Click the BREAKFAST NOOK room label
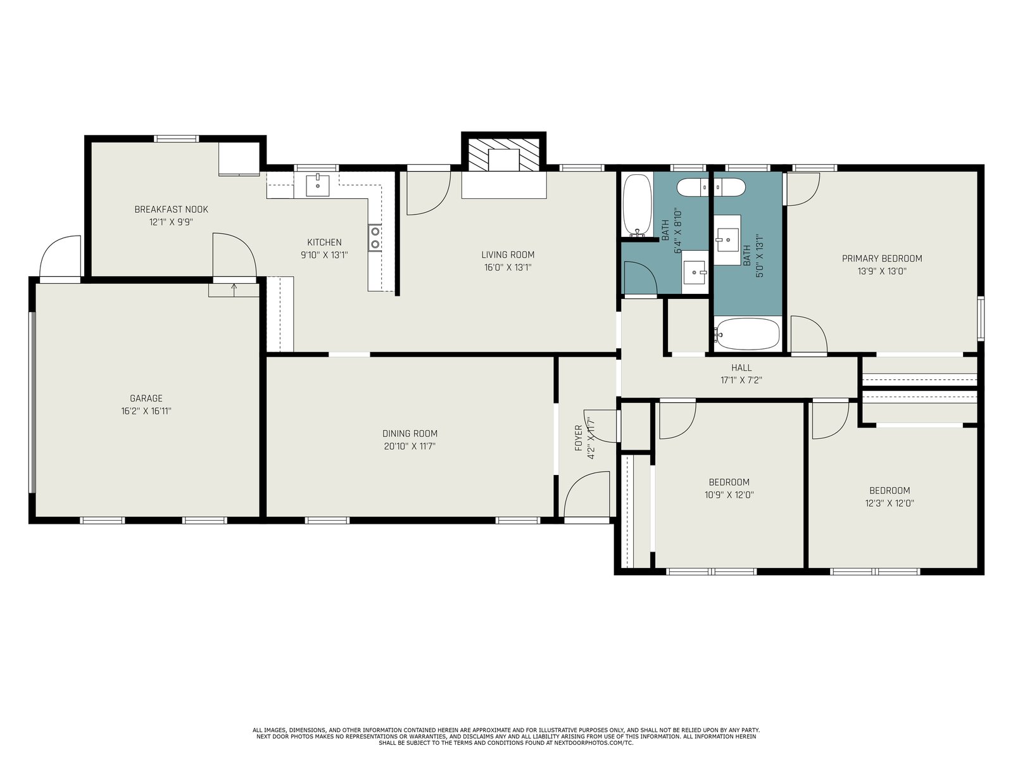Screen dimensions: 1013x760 tap(171, 210)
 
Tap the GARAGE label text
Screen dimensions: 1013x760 tap(146, 398)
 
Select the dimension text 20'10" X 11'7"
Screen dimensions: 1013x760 tap(410, 446)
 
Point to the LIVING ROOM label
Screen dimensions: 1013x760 tap(508, 255)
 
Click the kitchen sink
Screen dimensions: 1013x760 tap(318, 185)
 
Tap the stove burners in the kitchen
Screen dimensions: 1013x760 tap(375, 237)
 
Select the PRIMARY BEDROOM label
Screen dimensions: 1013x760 tap(882, 259)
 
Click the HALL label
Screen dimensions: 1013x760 tap(741, 368)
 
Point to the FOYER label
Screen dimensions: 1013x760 tap(578, 438)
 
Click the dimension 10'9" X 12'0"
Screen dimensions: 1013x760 tap(729, 495)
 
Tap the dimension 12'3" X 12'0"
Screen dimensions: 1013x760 tap(890, 503)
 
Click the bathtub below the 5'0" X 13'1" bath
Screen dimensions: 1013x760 tap(747, 334)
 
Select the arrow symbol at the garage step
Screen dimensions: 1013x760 tap(234, 289)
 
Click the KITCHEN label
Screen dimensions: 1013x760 tap(324, 243)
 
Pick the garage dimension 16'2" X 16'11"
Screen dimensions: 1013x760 tap(146, 411)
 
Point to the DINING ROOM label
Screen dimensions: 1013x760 tap(410, 434)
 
